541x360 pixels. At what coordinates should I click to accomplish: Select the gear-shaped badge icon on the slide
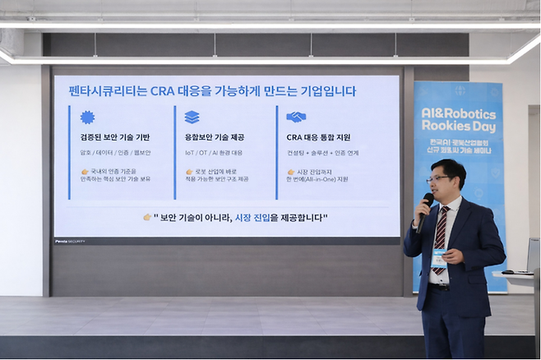click(87, 117)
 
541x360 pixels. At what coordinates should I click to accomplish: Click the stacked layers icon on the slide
click(192, 117)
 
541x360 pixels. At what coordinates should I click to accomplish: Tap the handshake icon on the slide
click(296, 117)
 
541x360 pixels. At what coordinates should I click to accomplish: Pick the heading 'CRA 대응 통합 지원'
click(318, 137)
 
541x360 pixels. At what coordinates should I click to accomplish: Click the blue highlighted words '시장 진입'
click(254, 217)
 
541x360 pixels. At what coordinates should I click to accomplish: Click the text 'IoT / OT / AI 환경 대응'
click(215, 153)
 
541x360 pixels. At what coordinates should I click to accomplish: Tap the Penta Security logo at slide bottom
click(70, 241)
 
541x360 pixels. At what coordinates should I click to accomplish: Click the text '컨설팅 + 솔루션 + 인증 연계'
click(321, 153)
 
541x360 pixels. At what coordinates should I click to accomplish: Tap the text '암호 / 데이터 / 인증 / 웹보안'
click(115, 153)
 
